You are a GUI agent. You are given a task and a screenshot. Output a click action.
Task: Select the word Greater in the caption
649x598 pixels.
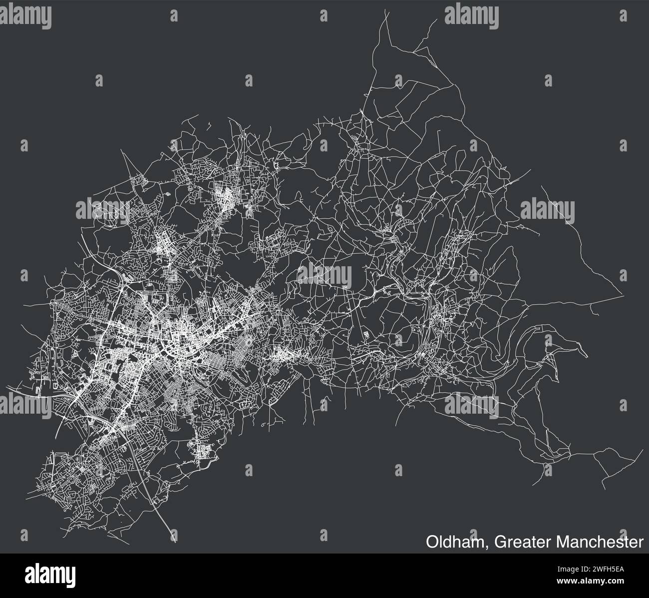pos(519,542)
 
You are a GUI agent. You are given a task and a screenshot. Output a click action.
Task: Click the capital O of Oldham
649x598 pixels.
pos(432,542)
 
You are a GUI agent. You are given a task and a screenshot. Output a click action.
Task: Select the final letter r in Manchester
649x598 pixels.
pos(641,543)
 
